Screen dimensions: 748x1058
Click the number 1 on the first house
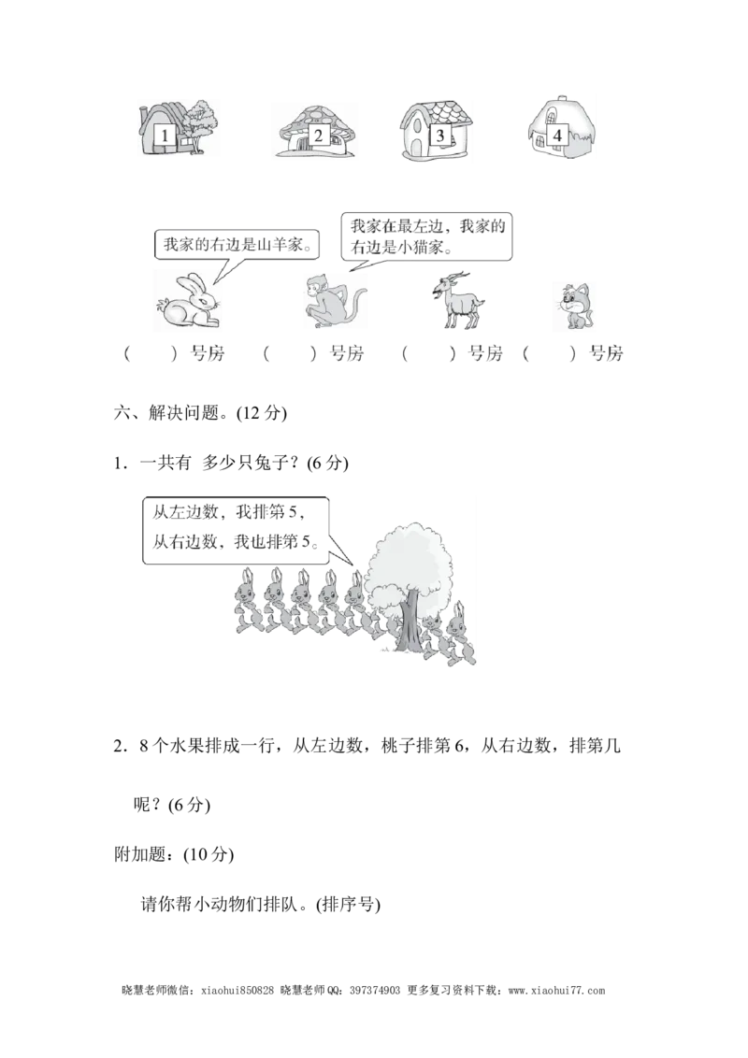[165, 136]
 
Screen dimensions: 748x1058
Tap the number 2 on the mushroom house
[318, 136]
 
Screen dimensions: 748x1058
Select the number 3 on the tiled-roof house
[439, 135]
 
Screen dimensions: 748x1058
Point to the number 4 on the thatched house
[557, 135]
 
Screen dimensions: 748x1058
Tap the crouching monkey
[334, 301]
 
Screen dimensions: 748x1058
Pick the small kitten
[572, 307]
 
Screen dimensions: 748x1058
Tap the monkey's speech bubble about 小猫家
[426, 236]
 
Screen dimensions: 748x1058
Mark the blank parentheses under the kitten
[549, 353]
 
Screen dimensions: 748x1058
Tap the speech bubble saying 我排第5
[236, 530]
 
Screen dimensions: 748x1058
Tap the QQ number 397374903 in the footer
[375, 991]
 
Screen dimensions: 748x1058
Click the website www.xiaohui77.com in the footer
[556, 991]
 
